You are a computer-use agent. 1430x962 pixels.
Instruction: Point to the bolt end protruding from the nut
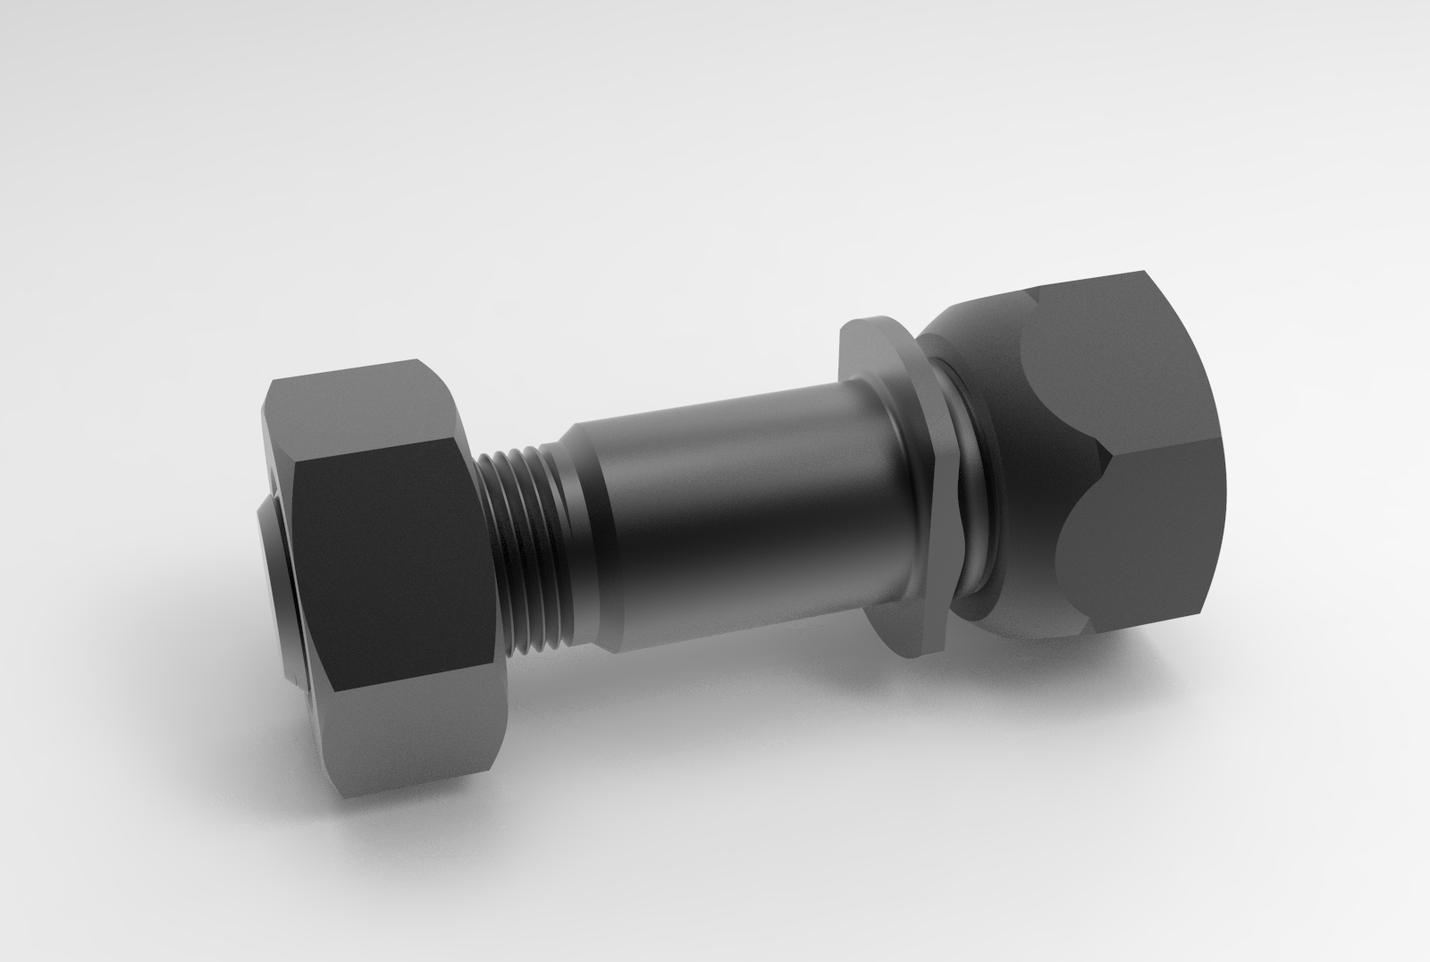[x=273, y=581]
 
